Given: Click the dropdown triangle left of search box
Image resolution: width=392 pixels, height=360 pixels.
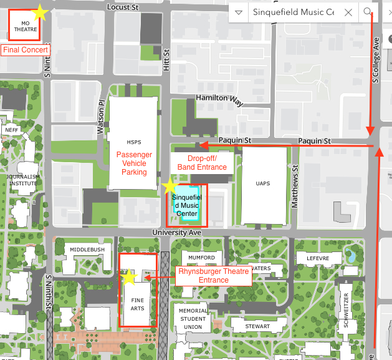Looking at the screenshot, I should pos(239,12).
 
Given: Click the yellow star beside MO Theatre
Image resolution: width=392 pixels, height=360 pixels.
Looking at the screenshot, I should pos(41,11).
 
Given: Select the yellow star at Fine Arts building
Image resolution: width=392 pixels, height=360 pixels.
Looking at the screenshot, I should pos(129,277).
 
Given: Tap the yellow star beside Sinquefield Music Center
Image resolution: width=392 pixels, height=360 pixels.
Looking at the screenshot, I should pos(170,185).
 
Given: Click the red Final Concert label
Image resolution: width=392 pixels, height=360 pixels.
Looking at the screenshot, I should pos(26,49).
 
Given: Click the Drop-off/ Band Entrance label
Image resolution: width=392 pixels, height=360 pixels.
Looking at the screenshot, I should pos(202,162).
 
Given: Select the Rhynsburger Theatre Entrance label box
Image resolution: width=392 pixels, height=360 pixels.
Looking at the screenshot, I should pos(214,276).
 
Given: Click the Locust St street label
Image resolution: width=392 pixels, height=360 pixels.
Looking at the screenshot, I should pos(121,7).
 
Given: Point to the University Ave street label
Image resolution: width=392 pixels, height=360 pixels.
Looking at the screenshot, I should pos(178,232).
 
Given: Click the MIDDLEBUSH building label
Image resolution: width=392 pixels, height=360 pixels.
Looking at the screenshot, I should pos(87,249).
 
